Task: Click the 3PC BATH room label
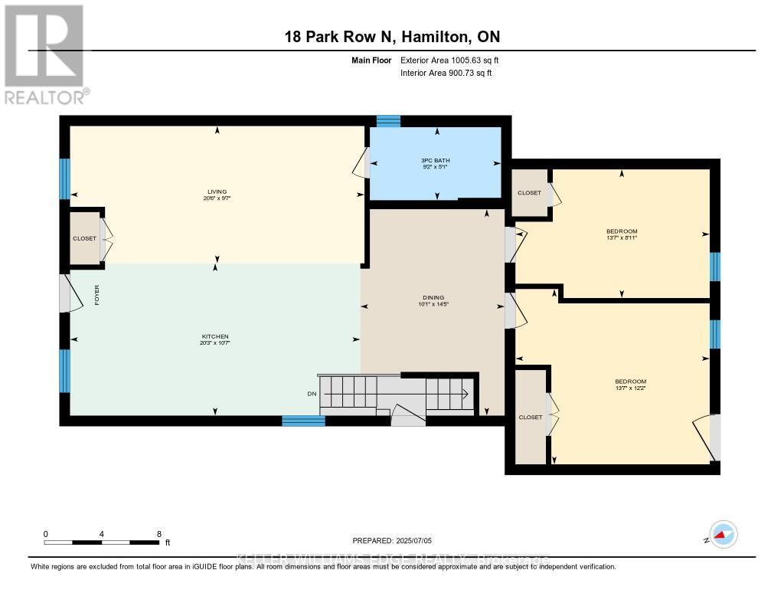click(436, 160)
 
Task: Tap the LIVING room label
click(217, 192)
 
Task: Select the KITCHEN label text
click(215, 336)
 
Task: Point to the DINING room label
click(433, 298)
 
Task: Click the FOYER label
click(97, 295)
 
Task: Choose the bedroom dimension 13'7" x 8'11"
click(621, 238)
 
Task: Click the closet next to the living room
click(85, 238)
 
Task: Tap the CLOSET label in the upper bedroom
click(529, 193)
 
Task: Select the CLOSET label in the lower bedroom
click(530, 418)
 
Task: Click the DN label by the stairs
click(312, 394)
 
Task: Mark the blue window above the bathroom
click(388, 121)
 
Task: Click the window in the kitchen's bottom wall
click(303, 421)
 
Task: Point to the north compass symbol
click(722, 535)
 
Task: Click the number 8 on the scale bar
click(158, 534)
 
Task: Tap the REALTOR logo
click(46, 54)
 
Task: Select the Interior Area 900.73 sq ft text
click(446, 73)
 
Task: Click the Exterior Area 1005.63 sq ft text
click(449, 60)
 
